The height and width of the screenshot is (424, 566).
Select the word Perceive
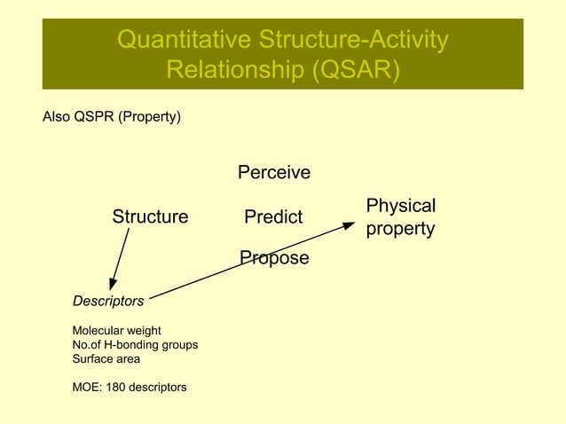click(x=273, y=172)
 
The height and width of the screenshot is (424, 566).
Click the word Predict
click(x=273, y=217)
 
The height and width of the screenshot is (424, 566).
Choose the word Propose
click(x=274, y=258)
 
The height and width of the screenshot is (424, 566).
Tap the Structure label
click(x=150, y=217)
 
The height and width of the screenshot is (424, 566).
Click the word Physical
click(x=401, y=206)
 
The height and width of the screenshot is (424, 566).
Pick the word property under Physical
click(x=400, y=229)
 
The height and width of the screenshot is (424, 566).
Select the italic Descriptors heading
click(x=107, y=302)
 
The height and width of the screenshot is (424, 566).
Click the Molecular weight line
click(x=116, y=331)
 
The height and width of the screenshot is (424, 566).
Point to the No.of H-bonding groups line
click(x=135, y=345)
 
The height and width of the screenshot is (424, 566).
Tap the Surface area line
click(x=106, y=359)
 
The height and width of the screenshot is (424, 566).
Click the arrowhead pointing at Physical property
click(x=350, y=225)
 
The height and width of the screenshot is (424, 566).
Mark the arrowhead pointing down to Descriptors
click(x=111, y=284)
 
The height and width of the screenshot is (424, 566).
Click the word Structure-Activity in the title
click(x=353, y=40)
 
